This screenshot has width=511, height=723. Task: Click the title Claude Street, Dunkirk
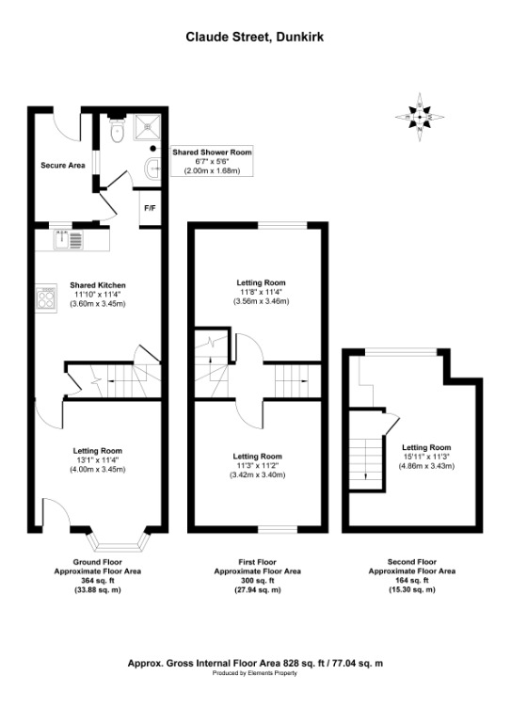point(255,38)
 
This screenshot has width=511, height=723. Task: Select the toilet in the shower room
point(117,134)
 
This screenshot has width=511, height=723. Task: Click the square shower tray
point(148,128)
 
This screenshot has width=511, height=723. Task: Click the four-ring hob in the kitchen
point(47,299)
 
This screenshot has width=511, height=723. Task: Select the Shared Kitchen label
point(98,285)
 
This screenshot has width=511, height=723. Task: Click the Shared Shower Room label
point(211,152)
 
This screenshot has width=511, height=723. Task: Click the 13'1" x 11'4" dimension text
point(98,460)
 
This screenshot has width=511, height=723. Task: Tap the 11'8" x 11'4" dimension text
point(260,292)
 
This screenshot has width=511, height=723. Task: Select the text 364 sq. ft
point(98,581)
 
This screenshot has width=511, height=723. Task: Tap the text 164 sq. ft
point(411,581)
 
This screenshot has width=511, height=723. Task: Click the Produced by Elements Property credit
point(255,674)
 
